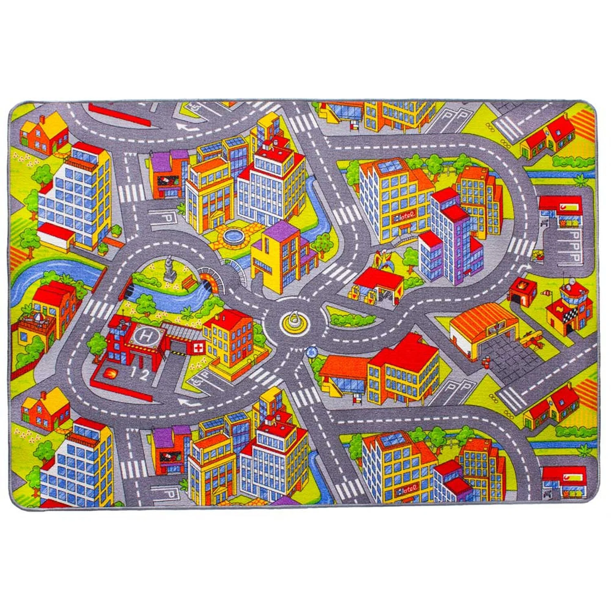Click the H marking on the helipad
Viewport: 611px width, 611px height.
click(144, 336)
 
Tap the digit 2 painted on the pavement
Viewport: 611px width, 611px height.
click(144, 376)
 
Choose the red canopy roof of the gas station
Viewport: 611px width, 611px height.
click(379, 279)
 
